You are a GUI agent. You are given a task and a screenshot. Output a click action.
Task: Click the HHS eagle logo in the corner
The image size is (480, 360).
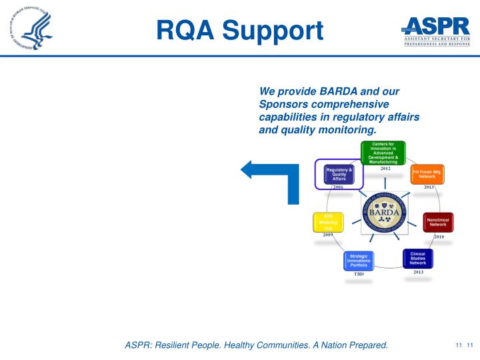[31, 30]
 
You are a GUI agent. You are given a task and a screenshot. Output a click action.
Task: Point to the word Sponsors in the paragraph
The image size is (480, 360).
[281, 104]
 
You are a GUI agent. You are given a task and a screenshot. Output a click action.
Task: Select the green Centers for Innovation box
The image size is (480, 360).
[383, 153]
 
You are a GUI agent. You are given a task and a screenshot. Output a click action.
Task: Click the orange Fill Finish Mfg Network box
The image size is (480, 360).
[427, 174]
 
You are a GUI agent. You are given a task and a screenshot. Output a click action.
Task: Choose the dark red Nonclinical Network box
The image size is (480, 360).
[439, 222]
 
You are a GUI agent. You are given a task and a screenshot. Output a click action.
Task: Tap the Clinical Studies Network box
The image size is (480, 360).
[418, 258]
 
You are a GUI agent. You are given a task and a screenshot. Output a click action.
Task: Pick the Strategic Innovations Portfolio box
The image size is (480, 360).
[359, 260]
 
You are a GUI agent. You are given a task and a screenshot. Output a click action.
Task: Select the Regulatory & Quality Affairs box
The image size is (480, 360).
[339, 174]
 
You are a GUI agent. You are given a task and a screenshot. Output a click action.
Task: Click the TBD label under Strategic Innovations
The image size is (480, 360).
[359, 274]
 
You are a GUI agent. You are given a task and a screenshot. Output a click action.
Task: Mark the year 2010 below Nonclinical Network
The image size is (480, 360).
[439, 236]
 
